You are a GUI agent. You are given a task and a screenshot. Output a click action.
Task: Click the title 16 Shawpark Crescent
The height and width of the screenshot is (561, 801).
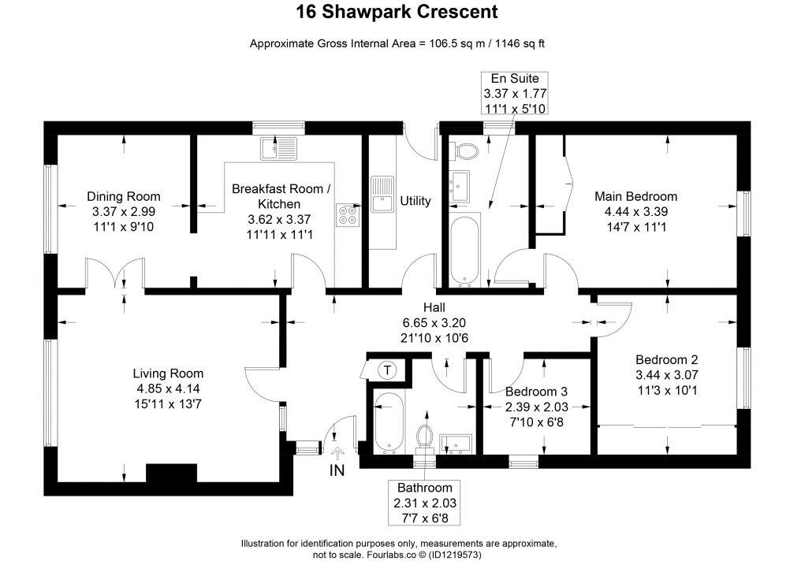click(x=397, y=11)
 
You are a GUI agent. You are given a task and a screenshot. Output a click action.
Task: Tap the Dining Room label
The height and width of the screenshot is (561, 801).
click(x=124, y=196)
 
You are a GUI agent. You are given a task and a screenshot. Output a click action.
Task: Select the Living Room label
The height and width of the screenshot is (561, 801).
click(x=168, y=373)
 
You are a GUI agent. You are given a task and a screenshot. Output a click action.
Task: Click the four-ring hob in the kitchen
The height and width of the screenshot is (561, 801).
click(x=348, y=215)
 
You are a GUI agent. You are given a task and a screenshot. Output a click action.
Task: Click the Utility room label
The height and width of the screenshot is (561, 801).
click(x=415, y=201)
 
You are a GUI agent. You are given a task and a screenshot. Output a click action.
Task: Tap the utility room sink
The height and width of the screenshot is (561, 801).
click(x=382, y=194)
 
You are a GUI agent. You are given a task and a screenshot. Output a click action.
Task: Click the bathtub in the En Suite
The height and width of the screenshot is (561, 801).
click(x=464, y=250)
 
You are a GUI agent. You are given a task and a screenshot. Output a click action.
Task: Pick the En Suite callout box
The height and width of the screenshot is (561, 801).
click(x=515, y=93)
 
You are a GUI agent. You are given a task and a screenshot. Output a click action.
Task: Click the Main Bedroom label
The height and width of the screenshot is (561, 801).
click(x=636, y=196)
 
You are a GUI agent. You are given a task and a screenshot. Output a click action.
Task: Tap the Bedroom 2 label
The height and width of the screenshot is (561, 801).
click(x=667, y=359)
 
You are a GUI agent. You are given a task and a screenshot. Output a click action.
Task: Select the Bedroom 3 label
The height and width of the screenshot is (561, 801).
click(x=536, y=392)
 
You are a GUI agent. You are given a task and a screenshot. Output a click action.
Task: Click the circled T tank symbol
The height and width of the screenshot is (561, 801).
click(x=388, y=370)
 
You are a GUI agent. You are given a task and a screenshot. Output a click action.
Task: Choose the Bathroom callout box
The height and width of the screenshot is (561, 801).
click(x=425, y=503)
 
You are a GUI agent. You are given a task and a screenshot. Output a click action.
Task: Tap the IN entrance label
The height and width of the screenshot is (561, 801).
click(x=337, y=470)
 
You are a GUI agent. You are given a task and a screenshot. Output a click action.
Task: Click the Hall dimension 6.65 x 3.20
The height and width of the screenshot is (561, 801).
click(x=434, y=322)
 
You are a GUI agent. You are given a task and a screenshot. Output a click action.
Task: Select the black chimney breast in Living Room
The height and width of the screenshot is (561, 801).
click(x=172, y=474)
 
